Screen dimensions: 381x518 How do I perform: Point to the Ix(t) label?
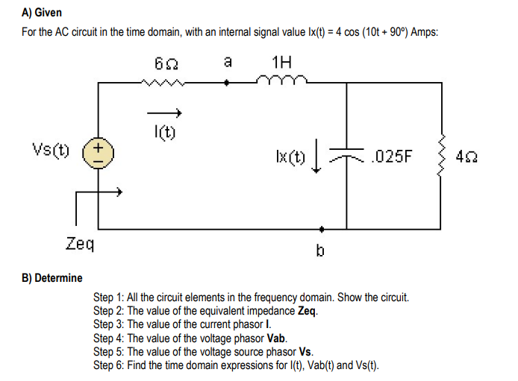290,157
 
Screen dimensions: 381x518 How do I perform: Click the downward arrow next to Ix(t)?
318,159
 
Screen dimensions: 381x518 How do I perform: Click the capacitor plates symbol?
348,154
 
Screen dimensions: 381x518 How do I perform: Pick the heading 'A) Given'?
43,13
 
